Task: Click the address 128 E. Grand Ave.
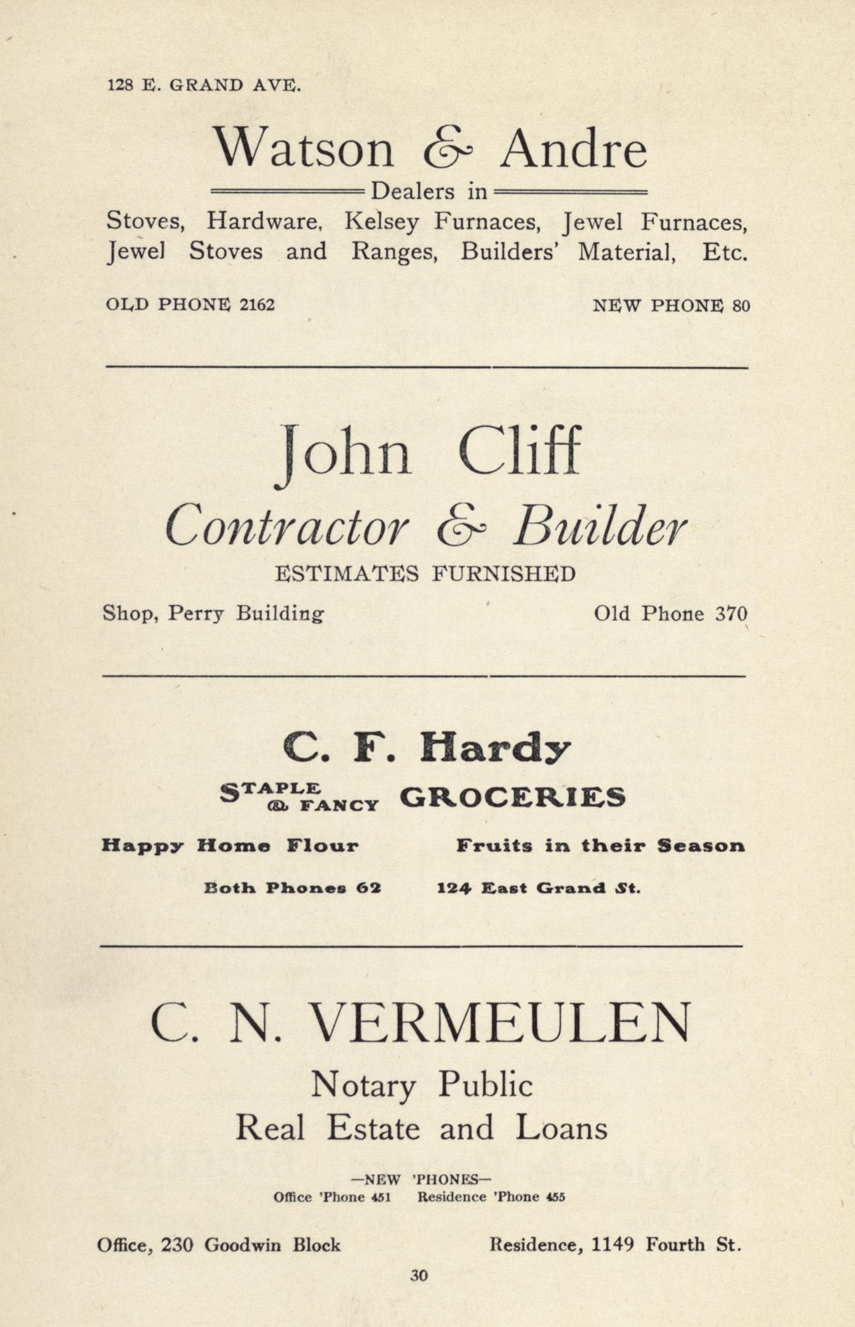[204, 85]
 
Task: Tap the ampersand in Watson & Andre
[447, 150]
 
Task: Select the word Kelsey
[381, 222]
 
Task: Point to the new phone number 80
[741, 305]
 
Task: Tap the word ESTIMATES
[346, 573]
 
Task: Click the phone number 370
[731, 614]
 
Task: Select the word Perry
[196, 614]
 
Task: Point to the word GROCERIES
[512, 797]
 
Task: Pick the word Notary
[363, 1086]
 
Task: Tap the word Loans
[561, 1128]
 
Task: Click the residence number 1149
[612, 1244]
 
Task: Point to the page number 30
[419, 1275]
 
